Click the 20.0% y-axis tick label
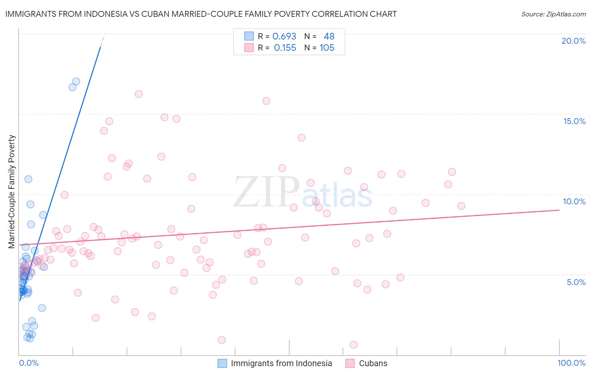pyautogui.click(x=573, y=41)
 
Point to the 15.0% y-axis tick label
pyautogui.click(x=574, y=121)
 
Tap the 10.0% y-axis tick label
pyautogui.click(x=574, y=201)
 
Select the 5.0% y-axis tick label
pyautogui.click(x=576, y=282)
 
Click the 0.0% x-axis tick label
pyautogui.click(x=29, y=363)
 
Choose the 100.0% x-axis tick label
pyautogui.click(x=571, y=363)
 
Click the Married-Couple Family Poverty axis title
pyautogui.click(x=12, y=191)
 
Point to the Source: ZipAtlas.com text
pyautogui.click(x=553, y=14)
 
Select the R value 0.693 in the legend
pyautogui.click(x=284, y=36)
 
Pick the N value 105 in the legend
pyautogui.click(x=327, y=48)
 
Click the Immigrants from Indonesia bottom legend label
pyautogui.click(x=281, y=363)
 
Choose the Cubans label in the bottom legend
pyautogui.click(x=373, y=363)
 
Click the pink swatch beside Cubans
pyautogui.click(x=350, y=363)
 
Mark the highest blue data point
pyautogui.click(x=76, y=82)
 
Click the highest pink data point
pyautogui.click(x=139, y=94)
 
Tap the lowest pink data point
pyautogui.click(x=354, y=345)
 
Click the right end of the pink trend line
pyautogui.click(x=559, y=210)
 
